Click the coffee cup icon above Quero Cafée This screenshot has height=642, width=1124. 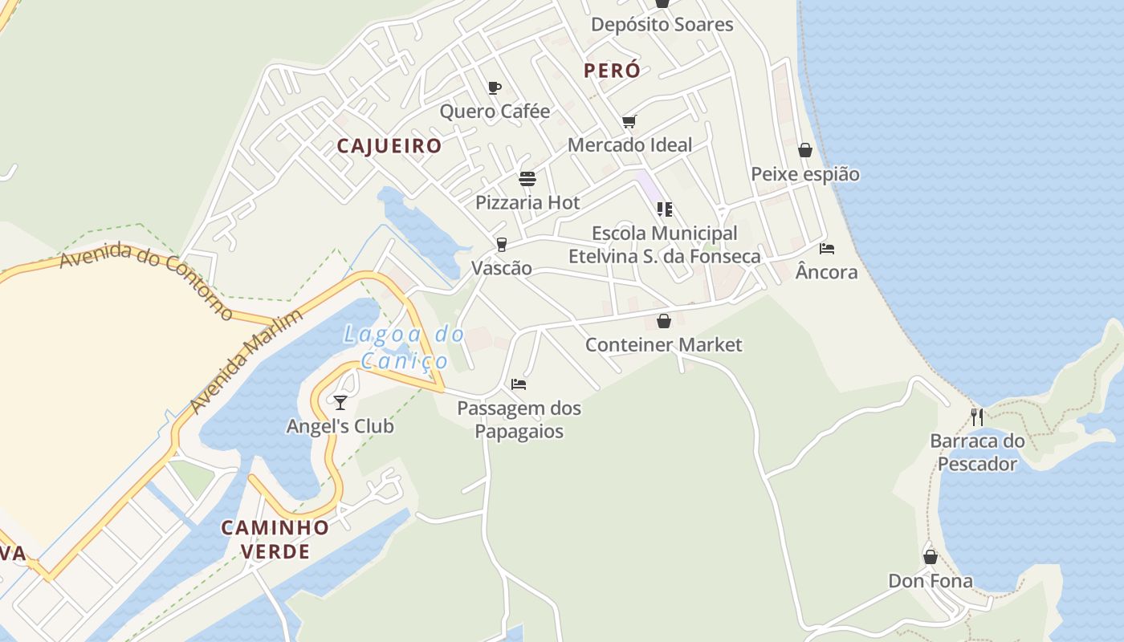[x=495, y=87]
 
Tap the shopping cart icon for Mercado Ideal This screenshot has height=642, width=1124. [x=629, y=122]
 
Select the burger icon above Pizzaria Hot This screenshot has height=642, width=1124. [x=527, y=178]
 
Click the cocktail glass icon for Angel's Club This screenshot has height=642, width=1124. [x=340, y=402]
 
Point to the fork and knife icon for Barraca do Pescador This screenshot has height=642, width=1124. [x=977, y=417]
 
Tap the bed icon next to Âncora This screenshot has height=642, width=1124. [x=827, y=249]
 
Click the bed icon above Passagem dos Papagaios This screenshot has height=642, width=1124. [x=519, y=384]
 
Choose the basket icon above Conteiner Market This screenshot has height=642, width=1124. [x=664, y=322]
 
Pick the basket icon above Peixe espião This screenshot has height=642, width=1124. [x=805, y=151]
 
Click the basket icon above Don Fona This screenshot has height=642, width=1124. [x=931, y=557]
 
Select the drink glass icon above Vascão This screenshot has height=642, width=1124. [x=502, y=244]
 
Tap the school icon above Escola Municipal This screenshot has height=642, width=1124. [x=664, y=209]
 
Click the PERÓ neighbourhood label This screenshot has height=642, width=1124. [x=612, y=71]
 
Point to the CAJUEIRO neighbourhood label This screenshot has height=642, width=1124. [x=389, y=146]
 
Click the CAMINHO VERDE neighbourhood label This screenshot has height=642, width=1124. [x=275, y=539]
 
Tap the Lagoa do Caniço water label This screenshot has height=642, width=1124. [x=404, y=347]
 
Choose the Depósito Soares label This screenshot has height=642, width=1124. [x=662, y=24]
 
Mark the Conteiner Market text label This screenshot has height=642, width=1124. [x=664, y=345]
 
